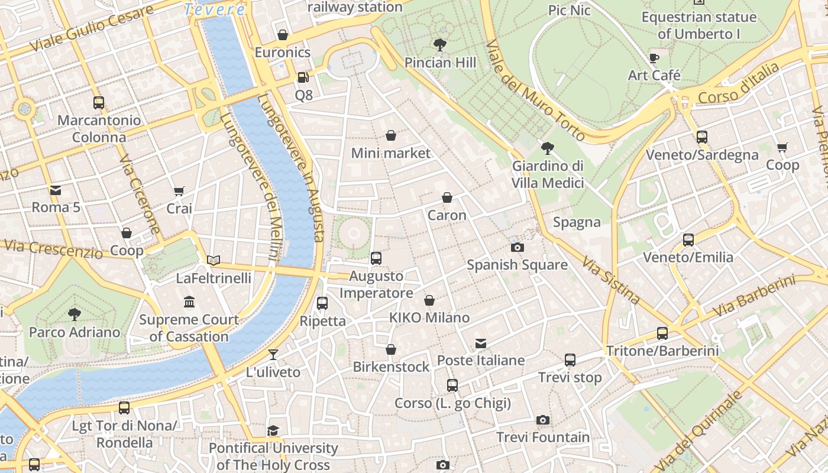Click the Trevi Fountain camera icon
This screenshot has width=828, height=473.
pyautogui.click(x=542, y=420)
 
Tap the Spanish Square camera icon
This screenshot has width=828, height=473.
pyautogui.click(x=517, y=247)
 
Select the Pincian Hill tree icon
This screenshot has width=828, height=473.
pyautogui.click(x=439, y=44)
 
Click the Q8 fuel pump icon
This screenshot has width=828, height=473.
pyautogui.click(x=303, y=77)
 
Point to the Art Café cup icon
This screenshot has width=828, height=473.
pyautogui.click(x=654, y=58)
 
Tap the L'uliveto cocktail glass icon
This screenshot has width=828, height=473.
pyautogui.click(x=273, y=355)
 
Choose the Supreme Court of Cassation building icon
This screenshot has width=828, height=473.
pyautogui.click(x=189, y=302)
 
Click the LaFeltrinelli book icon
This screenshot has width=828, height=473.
pyautogui.click(x=214, y=260)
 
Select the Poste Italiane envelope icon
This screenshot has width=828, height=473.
pyautogui.click(x=481, y=344)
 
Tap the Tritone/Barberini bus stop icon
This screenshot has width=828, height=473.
pyautogui.click(x=662, y=333)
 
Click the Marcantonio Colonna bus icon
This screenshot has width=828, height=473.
pyautogui.click(x=99, y=103)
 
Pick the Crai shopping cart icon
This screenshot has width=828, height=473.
pyautogui.click(x=179, y=191)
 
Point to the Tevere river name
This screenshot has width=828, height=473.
pyautogui.click(x=214, y=9)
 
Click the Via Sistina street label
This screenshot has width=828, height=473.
pyautogui.click(x=610, y=280)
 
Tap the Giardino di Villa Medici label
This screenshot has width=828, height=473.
pyautogui.click(x=548, y=174)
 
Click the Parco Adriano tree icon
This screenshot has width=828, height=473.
pyautogui.click(x=75, y=314)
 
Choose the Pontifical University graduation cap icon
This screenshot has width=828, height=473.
pyautogui.click(x=273, y=430)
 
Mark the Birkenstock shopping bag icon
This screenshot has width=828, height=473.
pyautogui.click(x=391, y=349)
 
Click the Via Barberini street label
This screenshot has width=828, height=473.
pyautogui.click(x=754, y=296)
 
